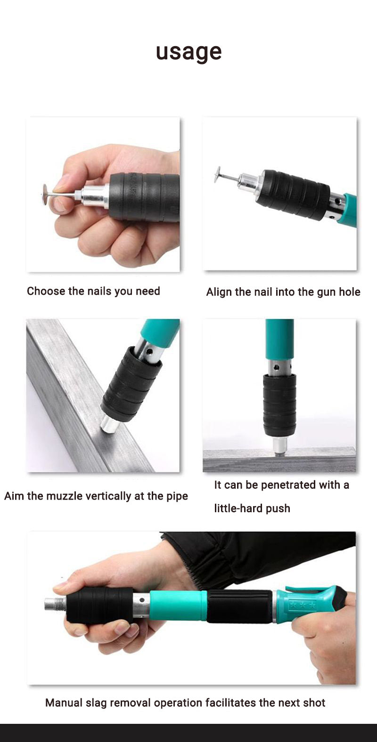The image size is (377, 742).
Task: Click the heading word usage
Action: pos(188,52)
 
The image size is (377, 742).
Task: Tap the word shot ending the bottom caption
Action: pos(314,703)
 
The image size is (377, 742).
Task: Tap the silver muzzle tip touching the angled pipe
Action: pos(109,426)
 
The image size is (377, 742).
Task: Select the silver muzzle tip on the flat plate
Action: pos(279,445)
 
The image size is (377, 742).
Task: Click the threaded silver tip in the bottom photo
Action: pos(55,604)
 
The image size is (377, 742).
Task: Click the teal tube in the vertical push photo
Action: pos(279,339)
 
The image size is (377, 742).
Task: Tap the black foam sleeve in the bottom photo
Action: pos(239,606)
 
